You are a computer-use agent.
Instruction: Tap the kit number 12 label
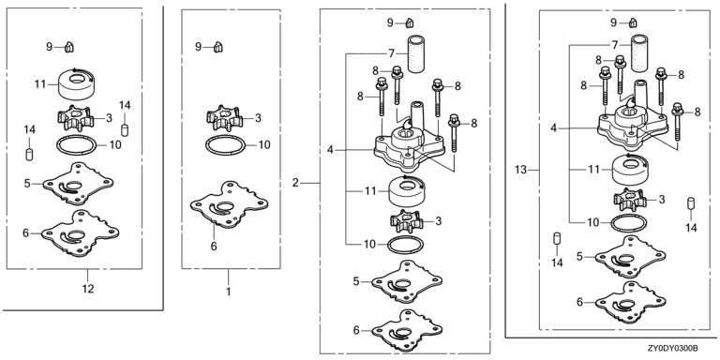88,289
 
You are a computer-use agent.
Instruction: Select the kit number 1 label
228,292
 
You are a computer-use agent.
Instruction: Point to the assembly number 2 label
295,183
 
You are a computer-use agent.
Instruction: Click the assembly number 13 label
520,170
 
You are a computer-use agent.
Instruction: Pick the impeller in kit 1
224,119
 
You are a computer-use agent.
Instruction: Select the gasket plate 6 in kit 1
229,205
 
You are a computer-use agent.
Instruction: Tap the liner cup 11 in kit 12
77,84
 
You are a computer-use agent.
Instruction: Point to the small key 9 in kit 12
68,46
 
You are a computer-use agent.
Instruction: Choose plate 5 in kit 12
78,184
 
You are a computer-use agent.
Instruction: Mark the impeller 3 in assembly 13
631,201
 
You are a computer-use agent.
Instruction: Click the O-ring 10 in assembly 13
629,223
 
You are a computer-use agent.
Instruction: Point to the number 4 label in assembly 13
553,128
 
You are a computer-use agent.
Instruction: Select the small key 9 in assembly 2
410,22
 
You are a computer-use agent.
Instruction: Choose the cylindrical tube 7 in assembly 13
640,53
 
